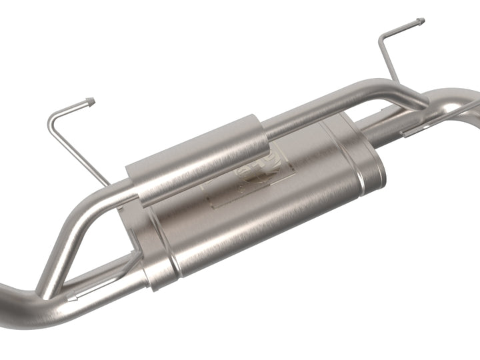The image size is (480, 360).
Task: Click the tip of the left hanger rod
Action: (x=91, y=102)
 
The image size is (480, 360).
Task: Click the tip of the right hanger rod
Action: (x=421, y=21)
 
